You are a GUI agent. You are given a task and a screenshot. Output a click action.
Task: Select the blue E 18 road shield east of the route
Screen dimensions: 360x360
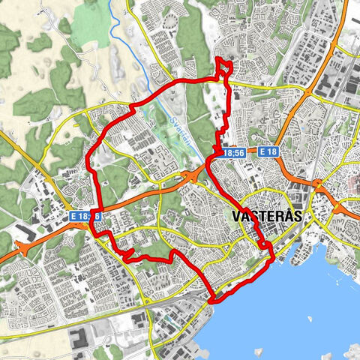tap(268, 151)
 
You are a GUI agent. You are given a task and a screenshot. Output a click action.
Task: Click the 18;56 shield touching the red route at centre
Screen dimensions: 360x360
tap(233, 152)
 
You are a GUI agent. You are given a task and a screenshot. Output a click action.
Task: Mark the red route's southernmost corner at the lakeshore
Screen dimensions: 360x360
tap(213, 300)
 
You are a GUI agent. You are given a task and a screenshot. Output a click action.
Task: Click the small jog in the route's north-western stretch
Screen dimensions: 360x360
tap(133, 109)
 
